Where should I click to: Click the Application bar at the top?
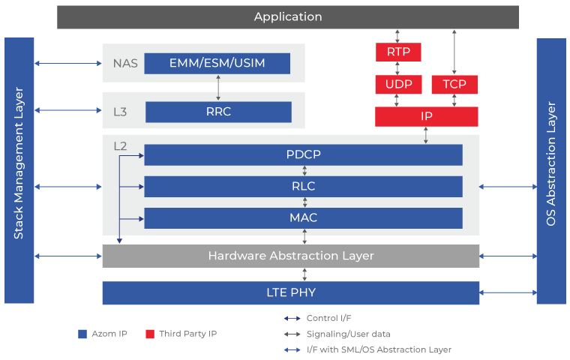point(288,17)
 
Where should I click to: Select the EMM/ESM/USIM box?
point(217,64)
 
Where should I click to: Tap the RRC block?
point(218,112)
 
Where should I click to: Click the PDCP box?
point(303,155)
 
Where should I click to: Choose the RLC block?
point(303,187)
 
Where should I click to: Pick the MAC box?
point(303,218)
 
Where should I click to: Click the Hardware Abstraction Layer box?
point(291,256)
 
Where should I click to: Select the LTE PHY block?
point(291,292)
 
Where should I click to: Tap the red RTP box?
point(398,52)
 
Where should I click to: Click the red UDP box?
point(398,84)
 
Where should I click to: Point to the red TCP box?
point(454,84)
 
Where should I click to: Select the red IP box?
point(427,116)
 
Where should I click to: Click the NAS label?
point(125,64)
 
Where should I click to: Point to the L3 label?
point(120,112)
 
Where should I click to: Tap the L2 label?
point(120,146)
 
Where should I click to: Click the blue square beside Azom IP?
point(82,334)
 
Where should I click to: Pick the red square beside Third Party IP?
point(150,334)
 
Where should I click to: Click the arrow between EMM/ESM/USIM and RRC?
point(218,88)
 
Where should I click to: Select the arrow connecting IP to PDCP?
point(426,135)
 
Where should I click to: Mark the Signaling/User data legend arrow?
point(292,334)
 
